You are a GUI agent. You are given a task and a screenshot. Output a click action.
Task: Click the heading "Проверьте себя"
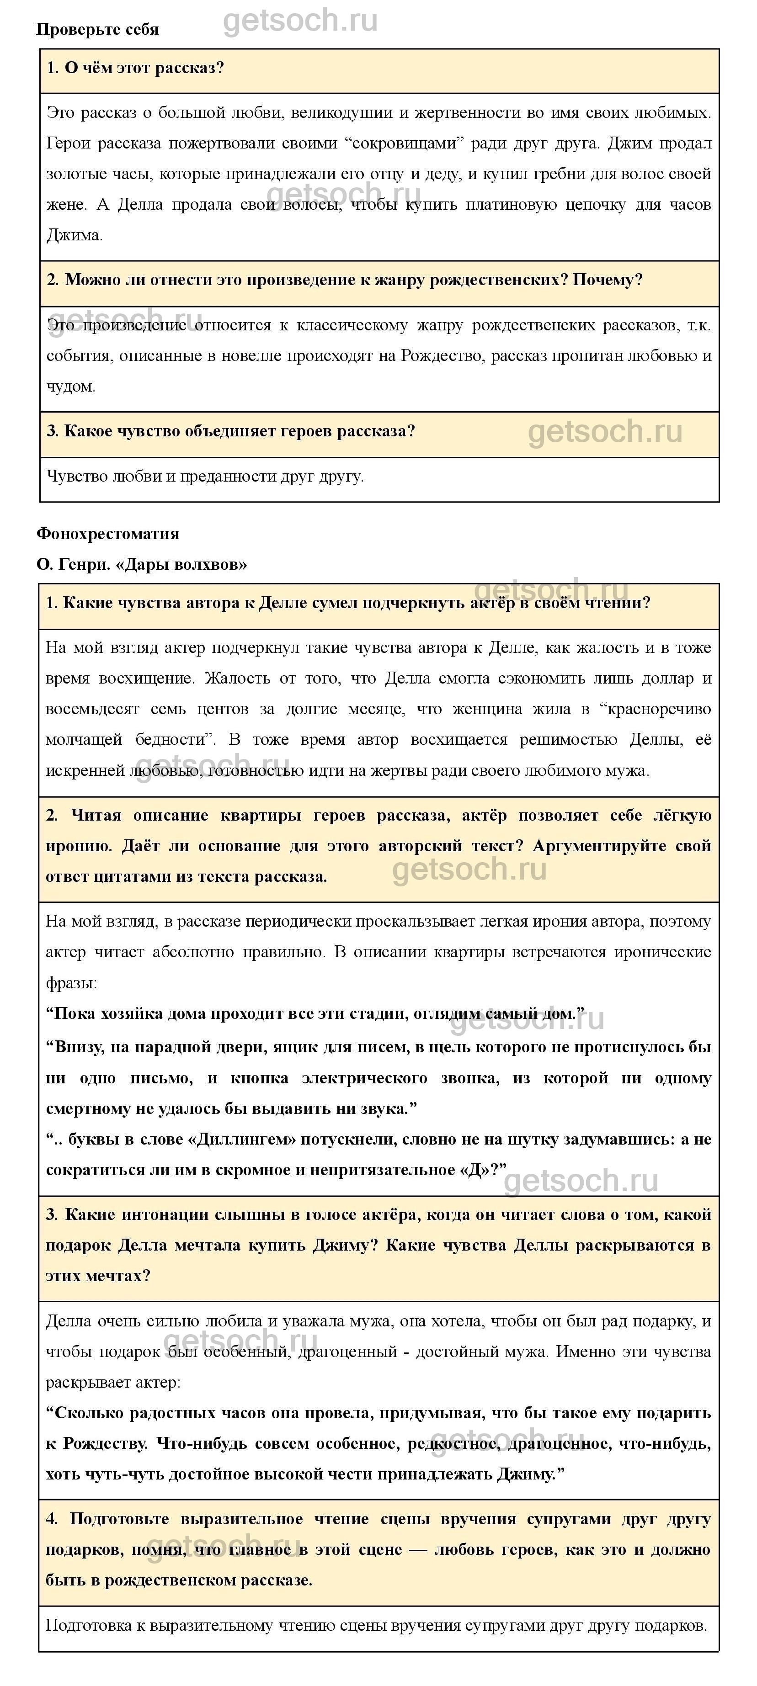97,29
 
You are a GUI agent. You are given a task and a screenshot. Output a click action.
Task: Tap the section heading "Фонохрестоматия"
107,533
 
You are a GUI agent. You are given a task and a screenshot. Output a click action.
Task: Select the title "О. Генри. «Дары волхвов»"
141,564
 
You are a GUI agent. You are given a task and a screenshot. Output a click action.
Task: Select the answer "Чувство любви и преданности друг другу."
205,477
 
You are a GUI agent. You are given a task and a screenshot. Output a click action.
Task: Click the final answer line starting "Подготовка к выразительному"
376,1626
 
